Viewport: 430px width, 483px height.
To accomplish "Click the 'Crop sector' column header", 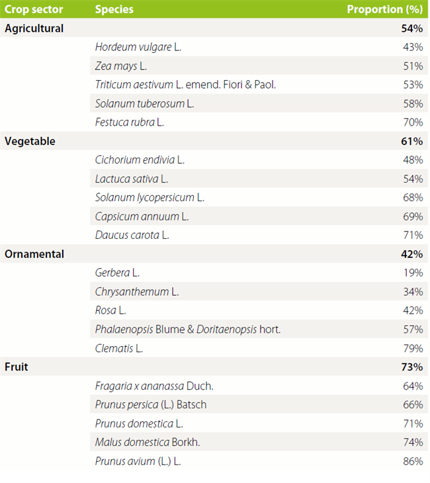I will point(34,9).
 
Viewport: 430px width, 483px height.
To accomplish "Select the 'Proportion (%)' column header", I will point(384,9).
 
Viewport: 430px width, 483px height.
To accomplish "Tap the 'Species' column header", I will point(114,9).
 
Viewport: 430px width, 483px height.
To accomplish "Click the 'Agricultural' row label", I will point(34,28).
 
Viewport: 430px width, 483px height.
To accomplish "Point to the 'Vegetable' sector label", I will point(30,141).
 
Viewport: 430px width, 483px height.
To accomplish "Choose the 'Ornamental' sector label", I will point(34,254).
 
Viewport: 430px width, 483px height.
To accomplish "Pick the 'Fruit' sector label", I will point(17,367).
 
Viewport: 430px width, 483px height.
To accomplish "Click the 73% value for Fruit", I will point(411,367).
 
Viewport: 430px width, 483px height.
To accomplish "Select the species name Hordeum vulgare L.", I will point(138,47).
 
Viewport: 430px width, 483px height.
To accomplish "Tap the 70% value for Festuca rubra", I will point(413,122).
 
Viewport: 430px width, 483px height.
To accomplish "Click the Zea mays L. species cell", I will point(121,66).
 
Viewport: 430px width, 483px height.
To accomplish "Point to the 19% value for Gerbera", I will point(413,273).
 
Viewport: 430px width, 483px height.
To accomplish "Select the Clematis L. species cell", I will point(119,348).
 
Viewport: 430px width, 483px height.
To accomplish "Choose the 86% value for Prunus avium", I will point(413,461).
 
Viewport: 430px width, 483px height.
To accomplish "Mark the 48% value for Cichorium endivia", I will point(413,160).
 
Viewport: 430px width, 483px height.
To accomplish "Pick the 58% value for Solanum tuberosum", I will point(413,104).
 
